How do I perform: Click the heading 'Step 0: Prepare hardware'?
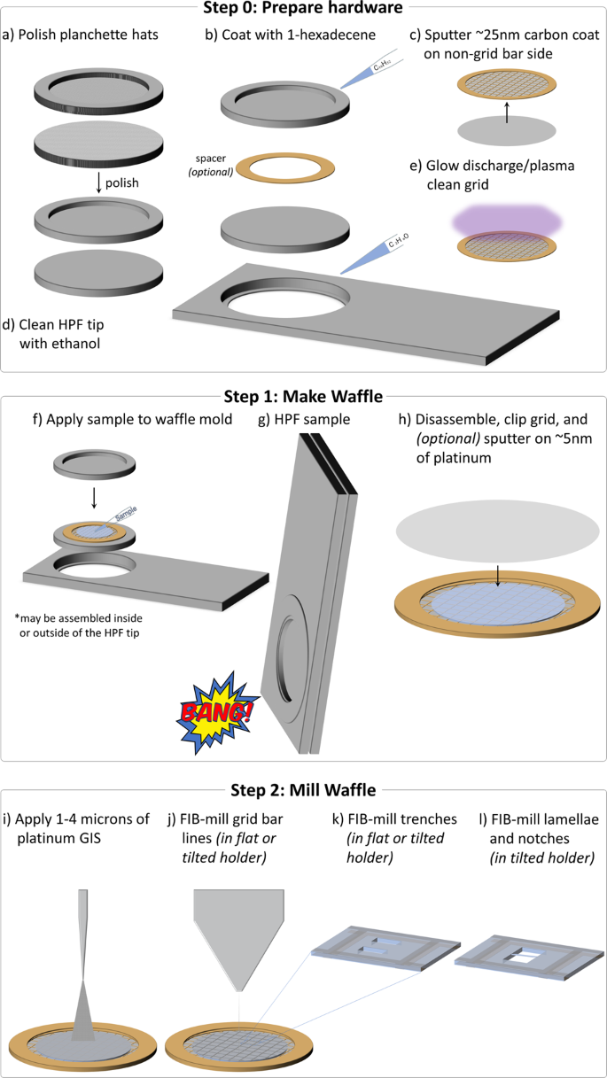303,9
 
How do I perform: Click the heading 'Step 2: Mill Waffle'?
303,790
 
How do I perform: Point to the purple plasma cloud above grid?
506,216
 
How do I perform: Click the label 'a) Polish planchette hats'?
77,35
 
